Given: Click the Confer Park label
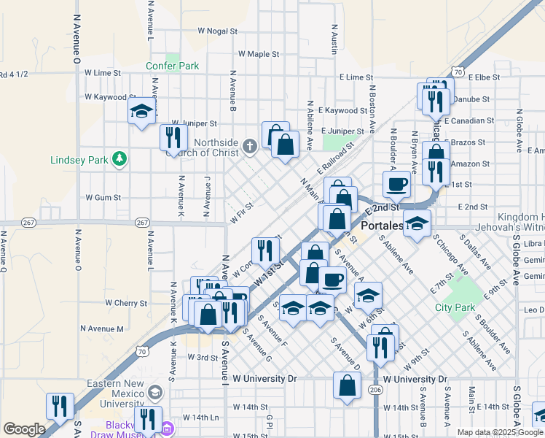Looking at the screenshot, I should [x=173, y=66].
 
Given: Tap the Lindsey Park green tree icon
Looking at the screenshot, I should [x=117, y=158].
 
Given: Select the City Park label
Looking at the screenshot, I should [x=455, y=307].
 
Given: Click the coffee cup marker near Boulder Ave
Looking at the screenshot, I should [x=397, y=184].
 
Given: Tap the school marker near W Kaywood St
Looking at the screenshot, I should [x=141, y=111].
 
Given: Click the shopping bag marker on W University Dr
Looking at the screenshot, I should [x=348, y=386].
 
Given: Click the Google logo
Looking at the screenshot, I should [x=24, y=429].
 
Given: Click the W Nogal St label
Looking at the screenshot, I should [x=217, y=31].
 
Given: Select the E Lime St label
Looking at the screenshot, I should [x=356, y=77].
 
